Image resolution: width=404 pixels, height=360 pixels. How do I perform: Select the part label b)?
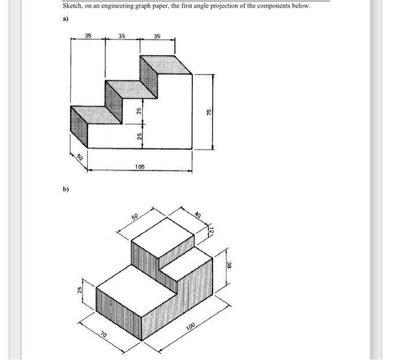tap(65, 189)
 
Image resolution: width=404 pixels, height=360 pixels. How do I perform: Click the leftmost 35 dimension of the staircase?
tap(88, 36)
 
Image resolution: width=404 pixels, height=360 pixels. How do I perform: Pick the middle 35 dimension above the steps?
tap(122, 36)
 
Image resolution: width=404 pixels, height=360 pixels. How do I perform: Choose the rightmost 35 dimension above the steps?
tap(157, 36)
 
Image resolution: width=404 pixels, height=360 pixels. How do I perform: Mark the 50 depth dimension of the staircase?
tap(80, 157)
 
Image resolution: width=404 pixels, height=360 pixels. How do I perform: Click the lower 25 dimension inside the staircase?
tap(139, 136)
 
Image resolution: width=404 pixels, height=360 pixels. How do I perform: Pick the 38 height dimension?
tap(229, 265)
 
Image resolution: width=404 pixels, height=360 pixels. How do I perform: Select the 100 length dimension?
tap(191, 328)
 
